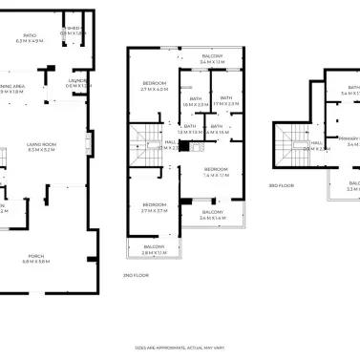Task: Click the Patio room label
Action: click(x=31, y=39)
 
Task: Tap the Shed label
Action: click(x=73, y=32)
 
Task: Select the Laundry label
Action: click(x=78, y=82)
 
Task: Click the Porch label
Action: click(x=35, y=258)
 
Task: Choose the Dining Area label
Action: click(x=13, y=89)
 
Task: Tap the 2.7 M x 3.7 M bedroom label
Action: click(x=155, y=206)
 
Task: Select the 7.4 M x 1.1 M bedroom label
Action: click(x=216, y=172)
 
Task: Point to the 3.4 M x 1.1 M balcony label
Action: click(x=212, y=59)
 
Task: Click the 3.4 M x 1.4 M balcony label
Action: click(x=213, y=215)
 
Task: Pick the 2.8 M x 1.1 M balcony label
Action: click(x=155, y=248)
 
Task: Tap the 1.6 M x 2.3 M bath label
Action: click(x=196, y=101)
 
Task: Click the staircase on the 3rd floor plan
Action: click(x=287, y=144)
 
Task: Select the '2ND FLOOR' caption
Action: click(x=135, y=275)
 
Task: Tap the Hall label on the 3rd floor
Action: click(x=315, y=146)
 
